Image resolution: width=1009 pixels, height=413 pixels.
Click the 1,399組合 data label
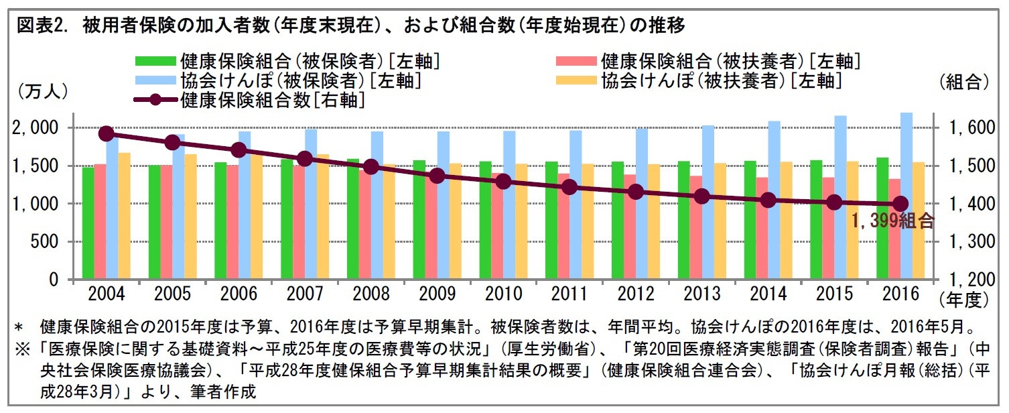click(892, 221)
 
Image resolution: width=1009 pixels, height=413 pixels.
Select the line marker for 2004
click(106, 133)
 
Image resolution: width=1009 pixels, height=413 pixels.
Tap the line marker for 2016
click(901, 204)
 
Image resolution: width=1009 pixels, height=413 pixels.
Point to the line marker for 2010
click(504, 182)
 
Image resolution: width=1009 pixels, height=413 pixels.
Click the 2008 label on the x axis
click(371, 294)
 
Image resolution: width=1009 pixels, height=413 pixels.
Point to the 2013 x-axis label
click(702, 294)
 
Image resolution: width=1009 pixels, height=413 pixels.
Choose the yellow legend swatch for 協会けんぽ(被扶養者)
click(576, 81)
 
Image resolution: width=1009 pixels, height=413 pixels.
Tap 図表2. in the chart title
click(43, 26)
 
